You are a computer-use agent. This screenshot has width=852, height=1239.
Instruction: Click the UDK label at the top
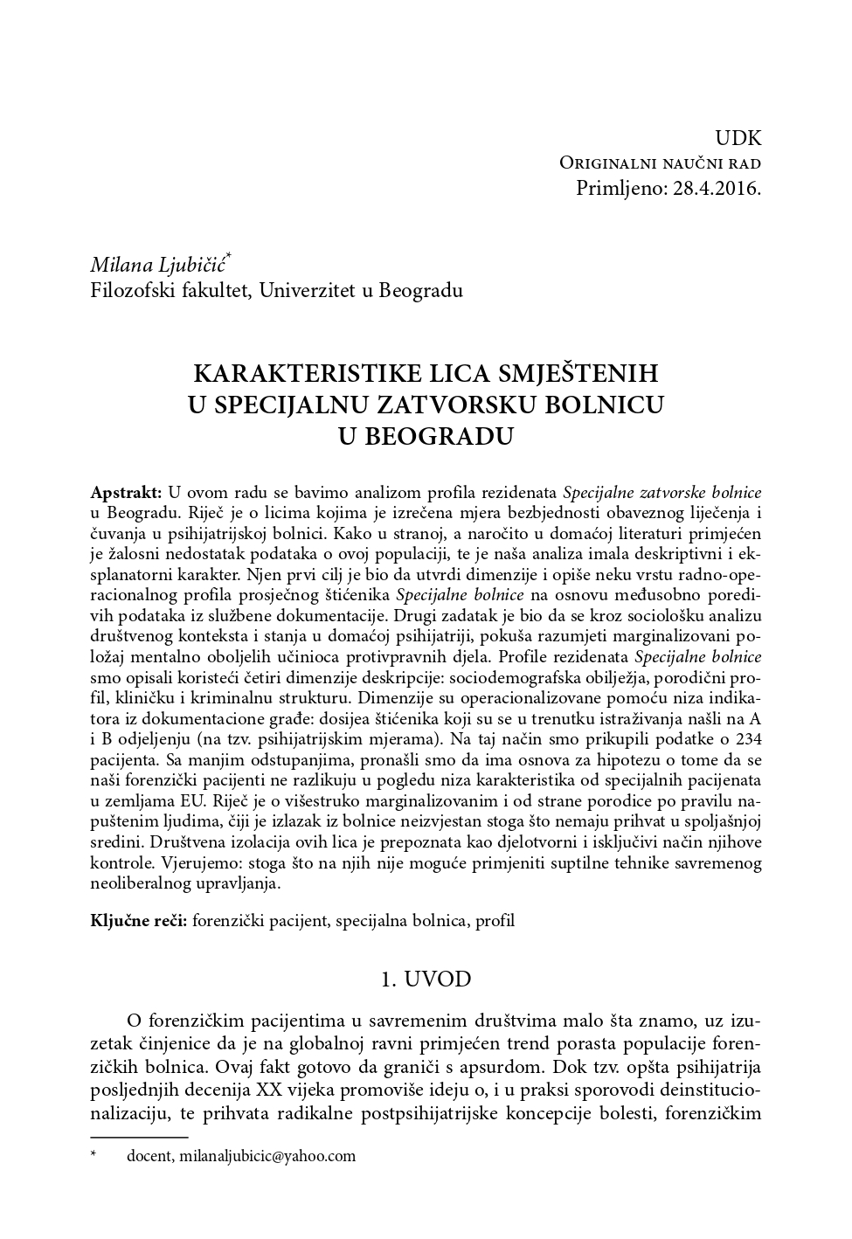coord(738,138)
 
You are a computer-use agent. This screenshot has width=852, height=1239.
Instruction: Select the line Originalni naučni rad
coord(660,163)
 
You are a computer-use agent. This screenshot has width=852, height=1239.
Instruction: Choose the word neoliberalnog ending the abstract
coord(141,884)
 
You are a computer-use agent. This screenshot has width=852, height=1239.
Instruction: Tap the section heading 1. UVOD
coord(426,979)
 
